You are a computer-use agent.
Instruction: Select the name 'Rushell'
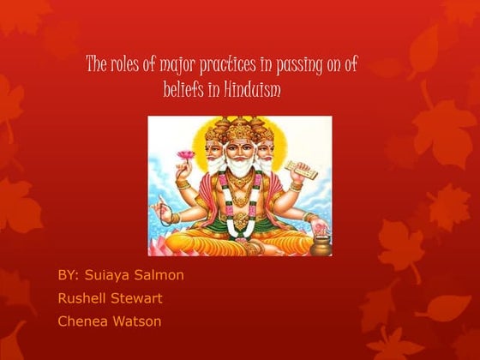click(x=82, y=299)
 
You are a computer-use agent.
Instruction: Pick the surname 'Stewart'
click(x=137, y=299)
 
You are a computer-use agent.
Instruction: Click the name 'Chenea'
click(x=81, y=322)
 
